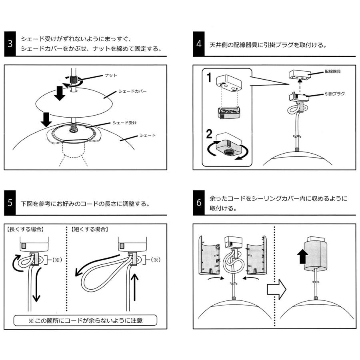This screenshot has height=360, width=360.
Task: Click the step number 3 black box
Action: click(x=10, y=44)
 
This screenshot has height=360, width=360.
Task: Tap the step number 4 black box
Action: click(x=199, y=44)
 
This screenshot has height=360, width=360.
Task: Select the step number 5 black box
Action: click(x=10, y=202)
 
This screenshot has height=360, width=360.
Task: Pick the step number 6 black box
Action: click(x=199, y=202)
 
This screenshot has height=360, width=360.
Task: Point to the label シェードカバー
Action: click(x=132, y=91)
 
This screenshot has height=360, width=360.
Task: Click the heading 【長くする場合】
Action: click(x=26, y=229)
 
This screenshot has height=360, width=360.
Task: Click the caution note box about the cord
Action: click(x=85, y=320)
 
